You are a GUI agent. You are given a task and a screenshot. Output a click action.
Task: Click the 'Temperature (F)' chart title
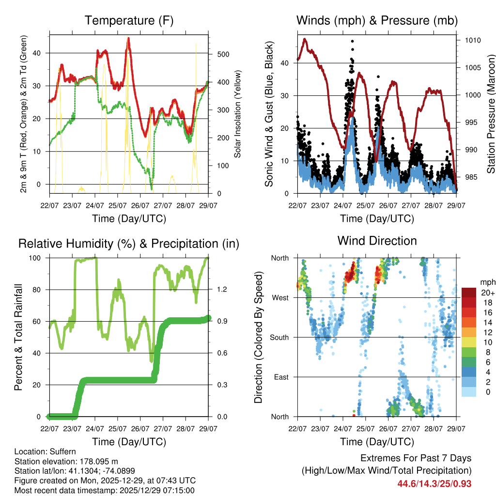129,20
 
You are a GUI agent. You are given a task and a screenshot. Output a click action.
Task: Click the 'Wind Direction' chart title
377,240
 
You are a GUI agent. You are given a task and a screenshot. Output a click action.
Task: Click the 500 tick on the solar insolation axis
223,54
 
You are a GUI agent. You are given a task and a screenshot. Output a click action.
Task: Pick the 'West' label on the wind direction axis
280,297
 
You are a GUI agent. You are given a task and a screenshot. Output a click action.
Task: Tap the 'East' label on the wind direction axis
282,377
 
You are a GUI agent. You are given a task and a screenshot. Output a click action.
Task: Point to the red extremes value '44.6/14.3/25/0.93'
434,483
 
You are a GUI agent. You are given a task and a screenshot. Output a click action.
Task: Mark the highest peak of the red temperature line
128,38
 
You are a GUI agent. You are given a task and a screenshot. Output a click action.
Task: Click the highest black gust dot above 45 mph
353,41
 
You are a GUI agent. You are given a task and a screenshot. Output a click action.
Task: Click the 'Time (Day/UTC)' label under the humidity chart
129,442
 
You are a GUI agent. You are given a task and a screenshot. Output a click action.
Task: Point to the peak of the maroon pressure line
305,39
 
